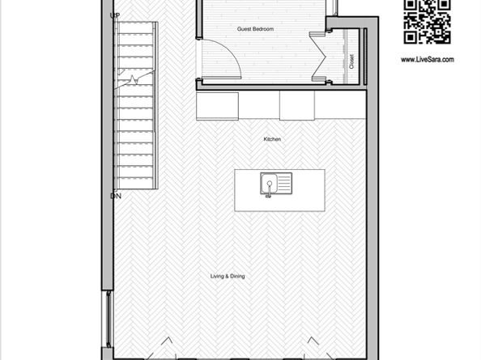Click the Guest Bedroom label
(255, 29)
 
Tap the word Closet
(351, 61)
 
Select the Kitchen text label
(272, 139)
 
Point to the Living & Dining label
(228, 276)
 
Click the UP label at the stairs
(115, 15)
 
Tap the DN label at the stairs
(115, 196)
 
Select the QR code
(427, 22)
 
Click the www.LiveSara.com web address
(427, 59)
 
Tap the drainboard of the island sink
(283, 184)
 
